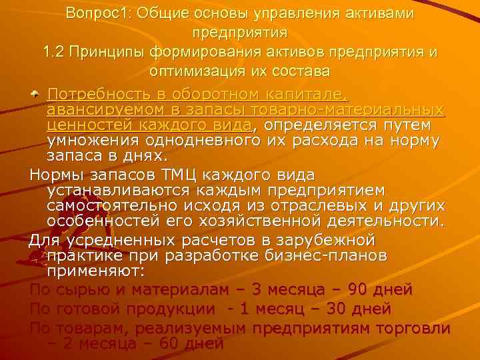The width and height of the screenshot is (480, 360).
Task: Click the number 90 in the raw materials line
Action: [x=355, y=290]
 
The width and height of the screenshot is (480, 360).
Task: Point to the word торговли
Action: [x=413, y=329]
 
